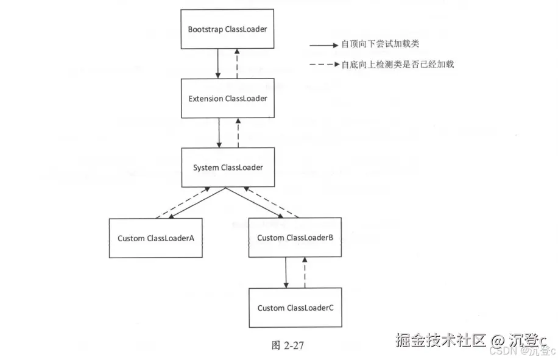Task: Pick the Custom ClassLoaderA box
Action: point(155,238)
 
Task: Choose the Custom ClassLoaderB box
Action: point(295,238)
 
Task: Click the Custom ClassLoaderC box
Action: point(295,308)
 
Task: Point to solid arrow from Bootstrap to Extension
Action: point(218,64)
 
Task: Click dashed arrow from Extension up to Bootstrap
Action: point(238,64)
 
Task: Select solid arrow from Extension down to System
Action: point(218,133)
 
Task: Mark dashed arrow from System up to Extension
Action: point(238,133)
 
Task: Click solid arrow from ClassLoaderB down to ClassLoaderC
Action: point(286,272)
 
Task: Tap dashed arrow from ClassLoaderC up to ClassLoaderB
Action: point(305,272)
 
